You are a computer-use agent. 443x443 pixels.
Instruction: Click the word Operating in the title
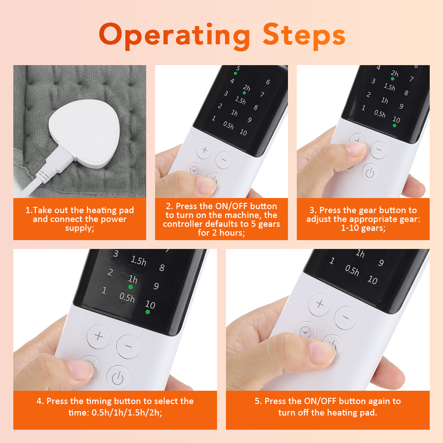point(174,35)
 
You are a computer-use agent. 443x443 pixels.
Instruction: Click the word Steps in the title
point(304,35)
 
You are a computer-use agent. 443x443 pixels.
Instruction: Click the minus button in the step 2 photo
point(224,159)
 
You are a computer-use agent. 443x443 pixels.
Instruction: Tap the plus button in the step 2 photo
point(205,150)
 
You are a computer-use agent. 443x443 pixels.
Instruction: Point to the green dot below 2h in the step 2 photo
point(244,93)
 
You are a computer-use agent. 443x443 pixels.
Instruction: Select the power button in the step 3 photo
point(370,172)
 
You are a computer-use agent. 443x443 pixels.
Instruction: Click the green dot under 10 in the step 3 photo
point(394,125)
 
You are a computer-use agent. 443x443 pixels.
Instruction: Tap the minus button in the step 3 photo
point(379,150)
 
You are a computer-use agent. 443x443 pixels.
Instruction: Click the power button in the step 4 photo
point(117,377)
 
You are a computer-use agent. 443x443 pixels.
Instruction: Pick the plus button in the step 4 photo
point(98,336)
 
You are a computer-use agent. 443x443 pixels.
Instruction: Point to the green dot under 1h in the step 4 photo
point(131,287)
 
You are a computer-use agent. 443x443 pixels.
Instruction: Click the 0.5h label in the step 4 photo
point(127,297)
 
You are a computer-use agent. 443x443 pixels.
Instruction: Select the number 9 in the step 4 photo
point(156,286)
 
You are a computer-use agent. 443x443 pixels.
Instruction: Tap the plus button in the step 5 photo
point(320,304)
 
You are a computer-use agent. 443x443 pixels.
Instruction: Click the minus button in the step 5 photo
point(346,317)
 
